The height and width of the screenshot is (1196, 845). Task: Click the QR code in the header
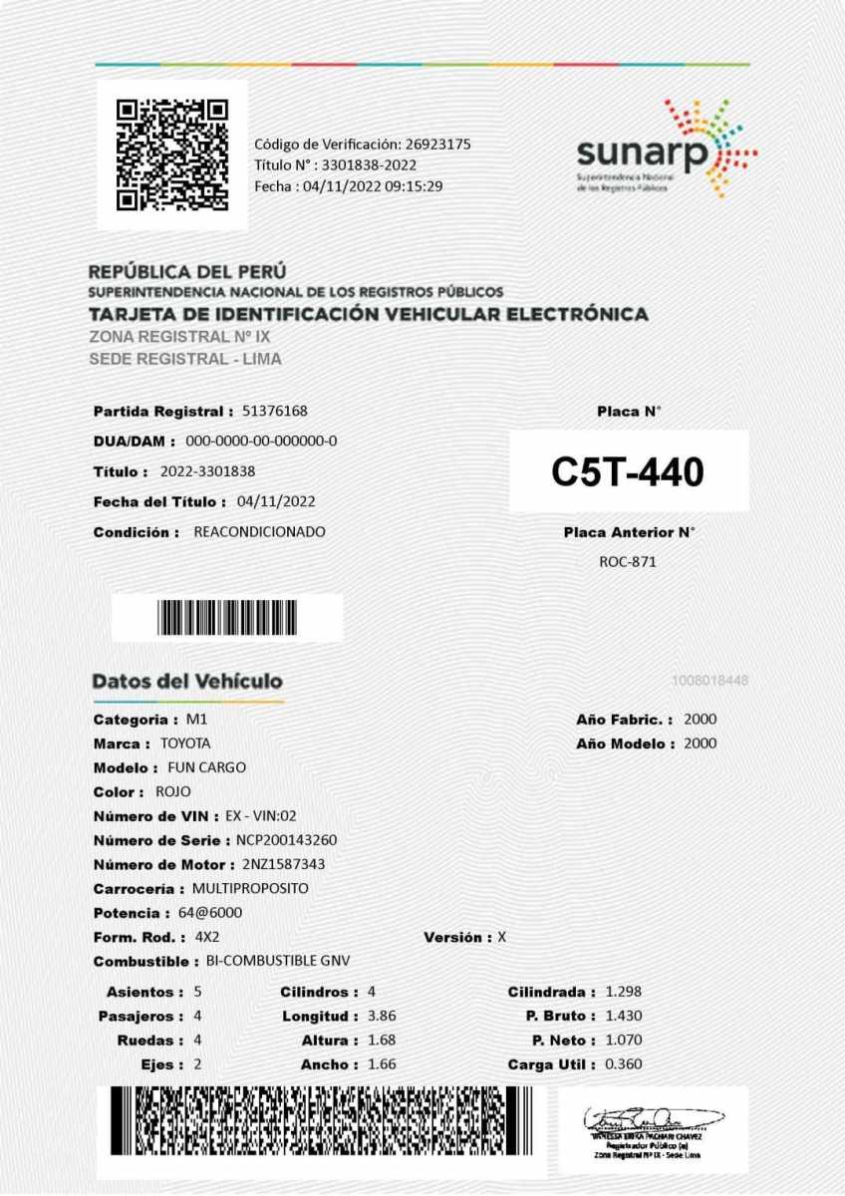point(171,155)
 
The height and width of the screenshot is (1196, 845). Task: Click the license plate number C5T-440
point(628,472)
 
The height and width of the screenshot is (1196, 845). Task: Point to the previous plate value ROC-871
point(628,561)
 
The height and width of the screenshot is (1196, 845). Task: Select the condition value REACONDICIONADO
point(259,532)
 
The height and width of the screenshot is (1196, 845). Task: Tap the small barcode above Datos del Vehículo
point(227,618)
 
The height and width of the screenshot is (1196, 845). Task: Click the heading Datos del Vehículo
point(187,682)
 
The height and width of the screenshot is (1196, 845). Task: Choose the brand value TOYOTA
point(185,744)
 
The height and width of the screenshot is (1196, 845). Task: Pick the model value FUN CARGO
point(200,767)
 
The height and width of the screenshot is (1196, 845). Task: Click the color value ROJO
point(173,792)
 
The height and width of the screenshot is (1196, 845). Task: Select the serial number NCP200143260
point(287,840)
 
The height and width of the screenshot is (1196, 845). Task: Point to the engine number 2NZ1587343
point(283,864)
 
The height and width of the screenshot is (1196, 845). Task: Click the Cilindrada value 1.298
point(624,993)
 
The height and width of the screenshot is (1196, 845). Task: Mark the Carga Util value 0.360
point(624,1064)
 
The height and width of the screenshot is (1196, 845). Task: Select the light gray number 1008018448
point(709,681)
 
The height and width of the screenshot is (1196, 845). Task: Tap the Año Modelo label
point(626,744)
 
